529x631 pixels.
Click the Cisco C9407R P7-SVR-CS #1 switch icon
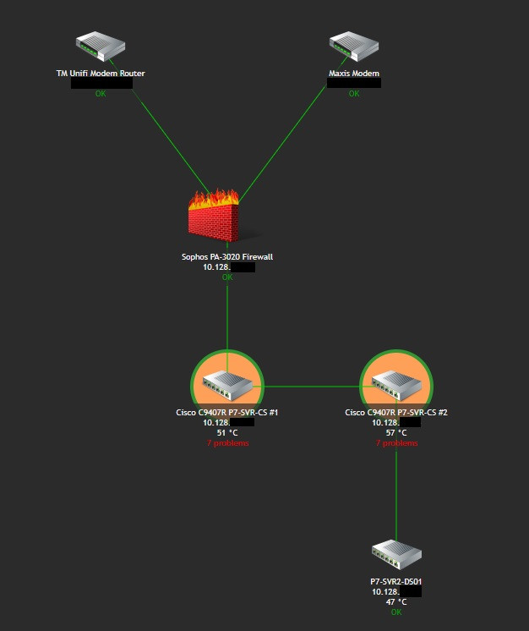(x=227, y=387)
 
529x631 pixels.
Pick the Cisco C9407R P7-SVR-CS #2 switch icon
(x=396, y=387)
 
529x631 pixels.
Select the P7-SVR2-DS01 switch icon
(x=395, y=555)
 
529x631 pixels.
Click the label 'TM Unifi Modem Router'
(x=101, y=74)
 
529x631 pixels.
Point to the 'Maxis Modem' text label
(x=353, y=74)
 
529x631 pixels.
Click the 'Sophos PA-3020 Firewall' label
(x=227, y=256)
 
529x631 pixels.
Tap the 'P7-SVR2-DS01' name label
(x=395, y=582)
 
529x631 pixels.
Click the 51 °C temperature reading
(x=227, y=432)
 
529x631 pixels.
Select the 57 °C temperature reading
(x=396, y=432)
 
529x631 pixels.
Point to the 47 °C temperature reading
(x=395, y=602)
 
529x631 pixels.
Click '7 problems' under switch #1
(x=227, y=442)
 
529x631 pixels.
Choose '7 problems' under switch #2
(x=396, y=442)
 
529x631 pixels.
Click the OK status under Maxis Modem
(x=353, y=93)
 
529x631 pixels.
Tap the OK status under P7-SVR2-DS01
(x=395, y=612)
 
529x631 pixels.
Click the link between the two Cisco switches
(x=312, y=387)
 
